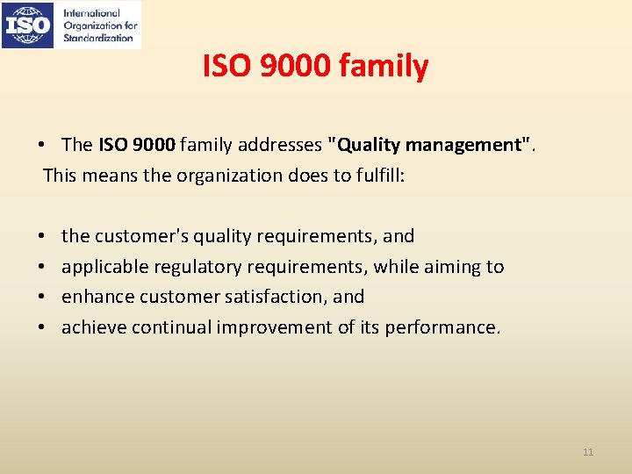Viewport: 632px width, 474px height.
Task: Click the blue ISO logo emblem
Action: (x=29, y=25)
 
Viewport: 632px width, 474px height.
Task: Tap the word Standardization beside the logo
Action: (x=98, y=38)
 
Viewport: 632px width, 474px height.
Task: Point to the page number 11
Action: (x=588, y=452)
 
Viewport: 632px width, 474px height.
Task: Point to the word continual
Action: (x=167, y=327)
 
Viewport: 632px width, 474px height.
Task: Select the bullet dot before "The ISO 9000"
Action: (x=41, y=144)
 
